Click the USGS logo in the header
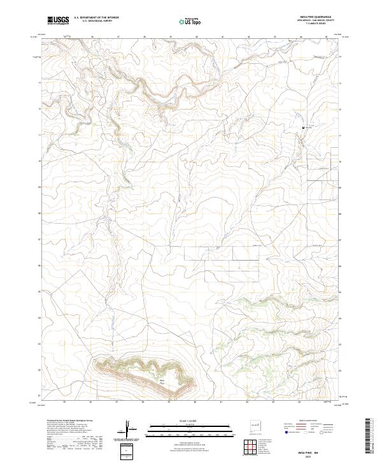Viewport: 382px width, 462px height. click(59, 20)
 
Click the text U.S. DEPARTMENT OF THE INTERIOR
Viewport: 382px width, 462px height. click(96, 18)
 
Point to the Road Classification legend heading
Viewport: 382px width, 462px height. click(302, 421)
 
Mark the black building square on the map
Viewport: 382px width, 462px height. click(302, 129)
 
